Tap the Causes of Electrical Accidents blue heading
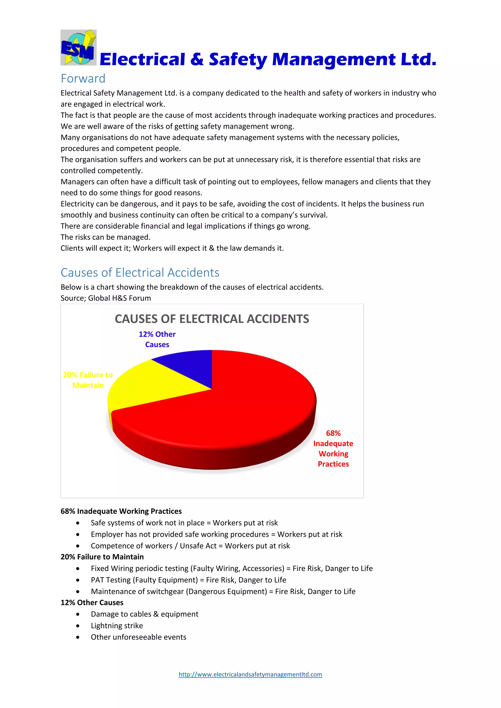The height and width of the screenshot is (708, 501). coord(140,273)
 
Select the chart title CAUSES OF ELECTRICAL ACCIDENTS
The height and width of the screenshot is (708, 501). coord(212,319)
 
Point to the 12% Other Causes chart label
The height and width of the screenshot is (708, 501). coord(157,339)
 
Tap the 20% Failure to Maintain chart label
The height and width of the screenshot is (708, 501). coord(88,380)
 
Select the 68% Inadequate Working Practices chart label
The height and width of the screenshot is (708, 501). coord(333,448)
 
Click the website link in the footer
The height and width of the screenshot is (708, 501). coord(250,675)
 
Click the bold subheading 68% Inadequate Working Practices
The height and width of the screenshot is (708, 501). coord(121,511)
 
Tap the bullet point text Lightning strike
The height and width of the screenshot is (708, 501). coord(117,626)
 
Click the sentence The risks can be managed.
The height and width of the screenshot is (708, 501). coord(105,237)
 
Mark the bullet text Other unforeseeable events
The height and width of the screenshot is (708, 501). coord(138,637)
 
